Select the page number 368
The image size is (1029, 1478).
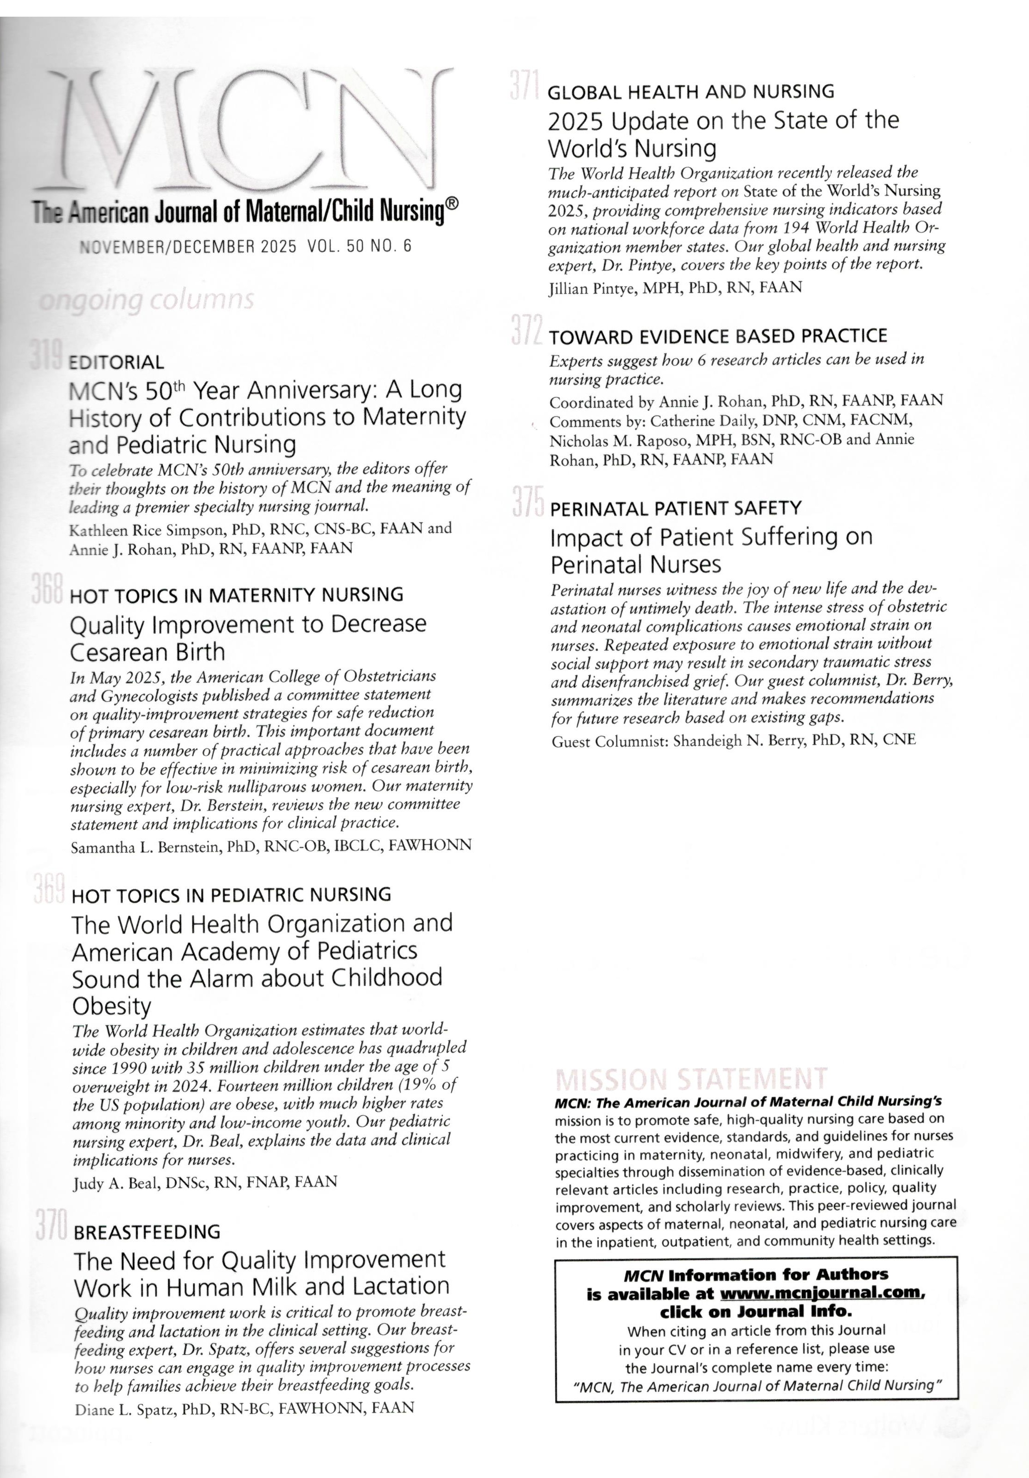46,588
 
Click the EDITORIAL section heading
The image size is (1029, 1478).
116,362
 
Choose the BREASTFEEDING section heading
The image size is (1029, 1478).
147,1232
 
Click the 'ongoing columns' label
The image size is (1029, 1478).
146,300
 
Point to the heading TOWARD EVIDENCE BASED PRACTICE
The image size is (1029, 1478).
717,336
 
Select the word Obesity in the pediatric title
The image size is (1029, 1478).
111,1006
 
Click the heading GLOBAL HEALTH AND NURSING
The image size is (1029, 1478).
690,91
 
